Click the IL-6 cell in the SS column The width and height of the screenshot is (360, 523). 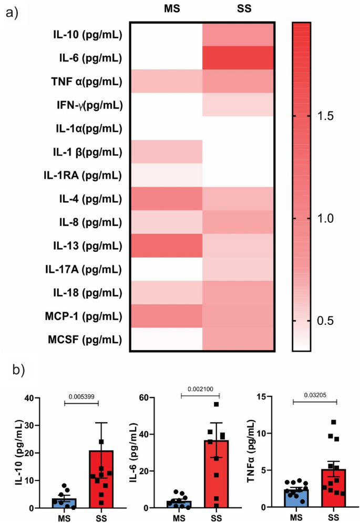click(238, 58)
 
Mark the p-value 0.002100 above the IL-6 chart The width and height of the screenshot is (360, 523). click(200, 391)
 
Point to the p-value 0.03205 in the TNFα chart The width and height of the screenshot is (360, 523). click(314, 393)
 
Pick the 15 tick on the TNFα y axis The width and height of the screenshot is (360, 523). click(266, 398)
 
